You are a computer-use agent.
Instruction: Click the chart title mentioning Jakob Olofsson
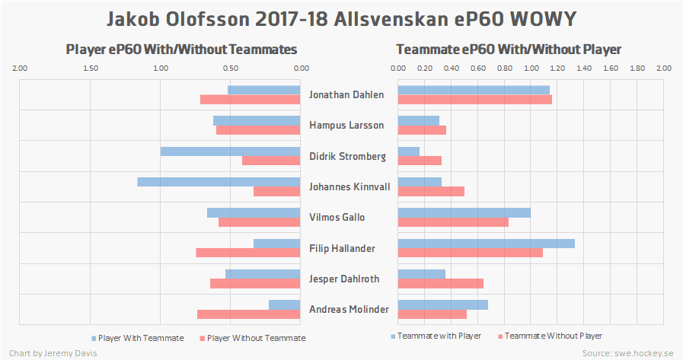pos(341,18)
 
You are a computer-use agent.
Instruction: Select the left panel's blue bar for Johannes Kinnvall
pos(219,182)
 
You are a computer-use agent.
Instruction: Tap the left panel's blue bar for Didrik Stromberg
pos(231,151)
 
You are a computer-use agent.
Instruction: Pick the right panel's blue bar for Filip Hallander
pos(487,244)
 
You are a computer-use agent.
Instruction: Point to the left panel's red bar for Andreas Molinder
pos(249,314)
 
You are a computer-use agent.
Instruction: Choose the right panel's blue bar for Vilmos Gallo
pos(464,212)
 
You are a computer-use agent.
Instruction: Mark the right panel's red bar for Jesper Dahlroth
pos(441,284)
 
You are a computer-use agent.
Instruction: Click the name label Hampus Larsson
pos(346,126)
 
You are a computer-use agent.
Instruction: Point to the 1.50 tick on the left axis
pos(91,68)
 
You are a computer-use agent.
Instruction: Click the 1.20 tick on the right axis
pos(557,68)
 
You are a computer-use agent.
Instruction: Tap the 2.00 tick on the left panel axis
pos(21,68)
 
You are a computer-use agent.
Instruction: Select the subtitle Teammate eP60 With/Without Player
pos(509,49)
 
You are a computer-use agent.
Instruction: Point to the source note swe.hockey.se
pos(628,353)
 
